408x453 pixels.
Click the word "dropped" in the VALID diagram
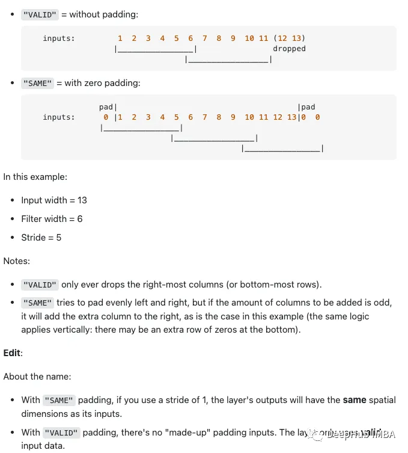coord(289,49)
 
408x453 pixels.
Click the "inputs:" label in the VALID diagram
coord(59,39)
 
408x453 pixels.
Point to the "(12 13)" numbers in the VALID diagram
coord(289,39)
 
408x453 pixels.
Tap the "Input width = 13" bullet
coord(54,200)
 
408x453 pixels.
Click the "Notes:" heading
coord(17,261)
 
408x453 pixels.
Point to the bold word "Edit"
coord(12,353)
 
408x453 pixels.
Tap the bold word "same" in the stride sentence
coord(355,400)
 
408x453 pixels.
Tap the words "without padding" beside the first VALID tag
coord(103,14)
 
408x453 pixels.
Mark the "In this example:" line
coord(35,177)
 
